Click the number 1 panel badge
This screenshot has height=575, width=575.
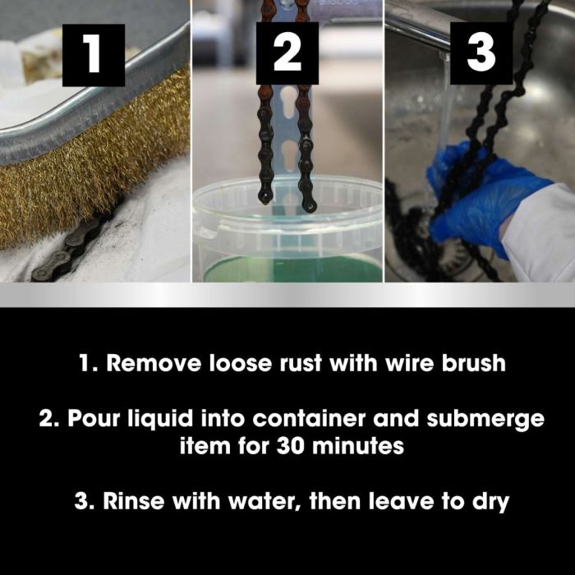93,55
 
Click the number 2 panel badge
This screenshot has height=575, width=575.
287,55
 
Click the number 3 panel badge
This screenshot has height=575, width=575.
481,55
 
